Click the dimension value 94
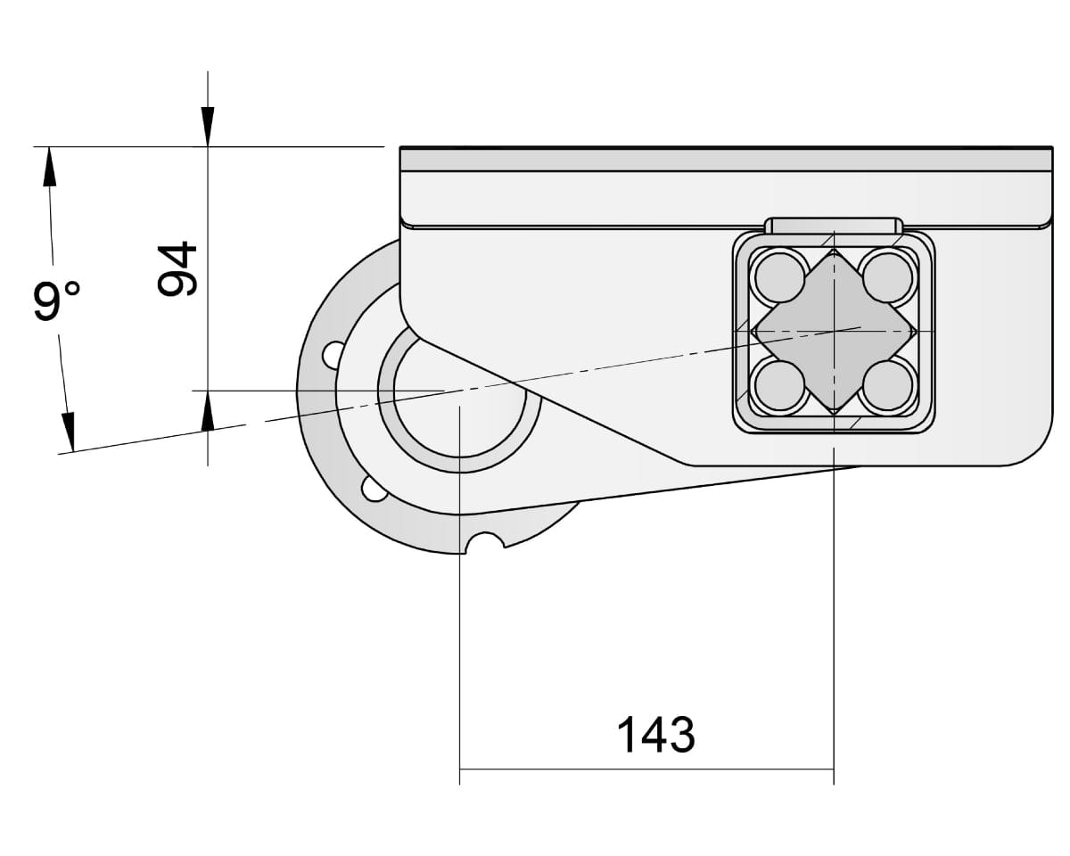pyautogui.click(x=176, y=268)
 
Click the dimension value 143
pyautogui.click(x=655, y=735)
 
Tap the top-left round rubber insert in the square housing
pyautogui.click(x=778, y=277)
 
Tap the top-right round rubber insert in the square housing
pyautogui.click(x=888, y=277)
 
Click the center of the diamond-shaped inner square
pyautogui.click(x=834, y=332)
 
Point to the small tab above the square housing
pyautogui.click(x=834, y=225)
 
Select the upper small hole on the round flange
pyautogui.click(x=332, y=354)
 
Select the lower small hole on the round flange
pyautogui.click(x=374, y=488)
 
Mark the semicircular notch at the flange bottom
pyautogui.click(x=485, y=542)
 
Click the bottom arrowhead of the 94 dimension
pyautogui.click(x=208, y=412)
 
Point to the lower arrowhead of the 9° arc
pyautogui.click(x=68, y=431)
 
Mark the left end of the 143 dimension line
pyautogui.click(x=459, y=769)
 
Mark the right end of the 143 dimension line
pyautogui.click(x=834, y=769)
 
